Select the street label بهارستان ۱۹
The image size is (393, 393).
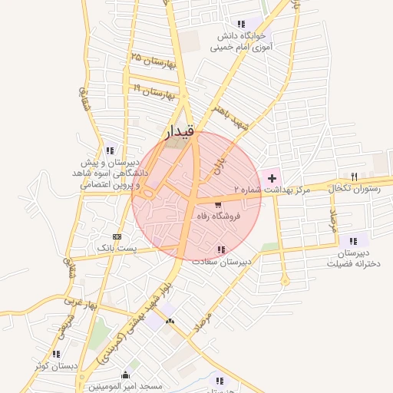coord(154,91)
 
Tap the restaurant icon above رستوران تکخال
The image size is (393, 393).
coord(354,176)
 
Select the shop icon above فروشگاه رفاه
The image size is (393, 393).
coord(219,205)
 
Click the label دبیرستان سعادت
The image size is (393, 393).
coord(223,262)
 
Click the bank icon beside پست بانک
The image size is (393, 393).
coord(117,236)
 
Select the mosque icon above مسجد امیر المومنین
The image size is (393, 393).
coord(125,375)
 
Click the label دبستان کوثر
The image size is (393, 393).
coord(55,365)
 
